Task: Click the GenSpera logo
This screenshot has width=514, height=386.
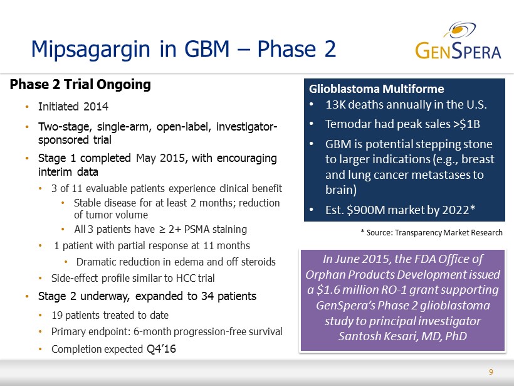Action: (458, 41)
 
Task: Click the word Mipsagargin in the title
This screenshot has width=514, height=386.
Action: (90, 49)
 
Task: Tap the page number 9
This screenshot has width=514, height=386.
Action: (491, 372)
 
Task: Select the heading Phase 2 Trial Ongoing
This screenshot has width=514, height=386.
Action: (80, 84)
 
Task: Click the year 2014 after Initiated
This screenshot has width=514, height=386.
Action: (96, 106)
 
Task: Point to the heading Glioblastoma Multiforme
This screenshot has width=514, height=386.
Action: (376, 88)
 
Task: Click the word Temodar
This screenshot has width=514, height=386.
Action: (348, 124)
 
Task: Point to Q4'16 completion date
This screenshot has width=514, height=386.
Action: (161, 348)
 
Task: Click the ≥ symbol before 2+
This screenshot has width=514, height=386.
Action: (162, 230)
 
